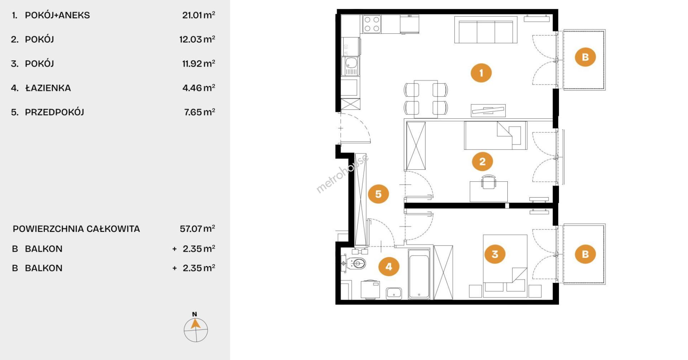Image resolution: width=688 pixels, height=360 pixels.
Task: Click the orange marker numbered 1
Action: click(x=481, y=73)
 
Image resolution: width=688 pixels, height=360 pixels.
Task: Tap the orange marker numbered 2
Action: click(x=482, y=161)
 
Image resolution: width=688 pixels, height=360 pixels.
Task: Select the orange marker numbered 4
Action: click(x=389, y=266)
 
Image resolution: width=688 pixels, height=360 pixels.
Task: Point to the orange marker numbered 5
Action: click(x=378, y=194)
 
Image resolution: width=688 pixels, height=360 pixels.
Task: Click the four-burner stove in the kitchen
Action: click(x=372, y=24)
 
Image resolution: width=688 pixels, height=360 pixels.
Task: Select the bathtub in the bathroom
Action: click(x=419, y=274)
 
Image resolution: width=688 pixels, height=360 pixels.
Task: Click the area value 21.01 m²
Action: click(x=199, y=15)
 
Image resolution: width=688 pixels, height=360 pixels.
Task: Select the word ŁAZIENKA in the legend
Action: click(x=48, y=88)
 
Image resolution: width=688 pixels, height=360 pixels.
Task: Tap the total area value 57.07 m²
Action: click(x=197, y=229)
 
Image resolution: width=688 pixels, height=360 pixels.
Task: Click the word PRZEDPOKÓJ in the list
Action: click(x=54, y=112)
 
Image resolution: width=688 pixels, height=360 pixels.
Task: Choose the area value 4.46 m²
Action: click(x=199, y=88)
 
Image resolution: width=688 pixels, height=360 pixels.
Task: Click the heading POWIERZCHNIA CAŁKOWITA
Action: click(x=76, y=229)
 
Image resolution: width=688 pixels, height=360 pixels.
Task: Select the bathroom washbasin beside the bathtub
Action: click(x=394, y=293)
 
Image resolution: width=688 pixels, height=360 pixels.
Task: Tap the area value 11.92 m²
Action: click(x=199, y=63)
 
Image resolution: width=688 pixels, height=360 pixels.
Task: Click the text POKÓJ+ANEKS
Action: click(x=57, y=15)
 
